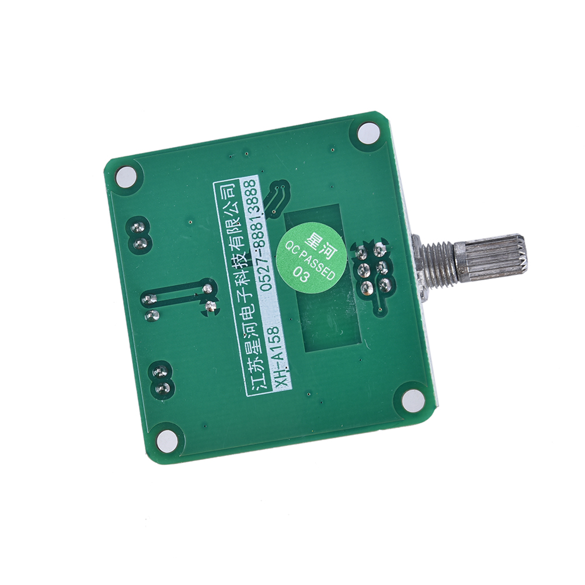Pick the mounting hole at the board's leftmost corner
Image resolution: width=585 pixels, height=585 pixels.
pos(127,176)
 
